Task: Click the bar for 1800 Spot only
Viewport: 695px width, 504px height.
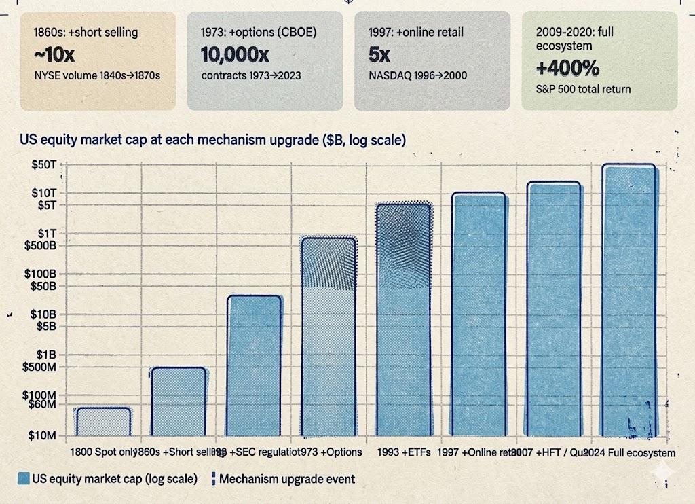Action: [x=103, y=421]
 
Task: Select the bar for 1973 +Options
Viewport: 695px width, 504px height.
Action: [x=328, y=336]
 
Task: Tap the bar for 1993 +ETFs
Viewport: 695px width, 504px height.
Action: [x=403, y=319]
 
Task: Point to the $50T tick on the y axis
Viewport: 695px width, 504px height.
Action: [x=46, y=165]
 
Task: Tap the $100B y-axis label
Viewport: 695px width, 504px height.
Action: [x=44, y=274]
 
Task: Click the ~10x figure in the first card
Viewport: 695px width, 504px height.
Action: [x=54, y=55]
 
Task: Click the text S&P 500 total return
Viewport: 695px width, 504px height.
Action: [x=582, y=89]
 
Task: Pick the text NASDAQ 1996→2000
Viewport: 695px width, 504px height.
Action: [x=417, y=75]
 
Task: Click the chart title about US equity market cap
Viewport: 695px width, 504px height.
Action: [x=213, y=141]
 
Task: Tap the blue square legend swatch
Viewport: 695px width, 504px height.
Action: [x=24, y=479]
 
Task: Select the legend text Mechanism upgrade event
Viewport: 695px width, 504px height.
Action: [x=287, y=479]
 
